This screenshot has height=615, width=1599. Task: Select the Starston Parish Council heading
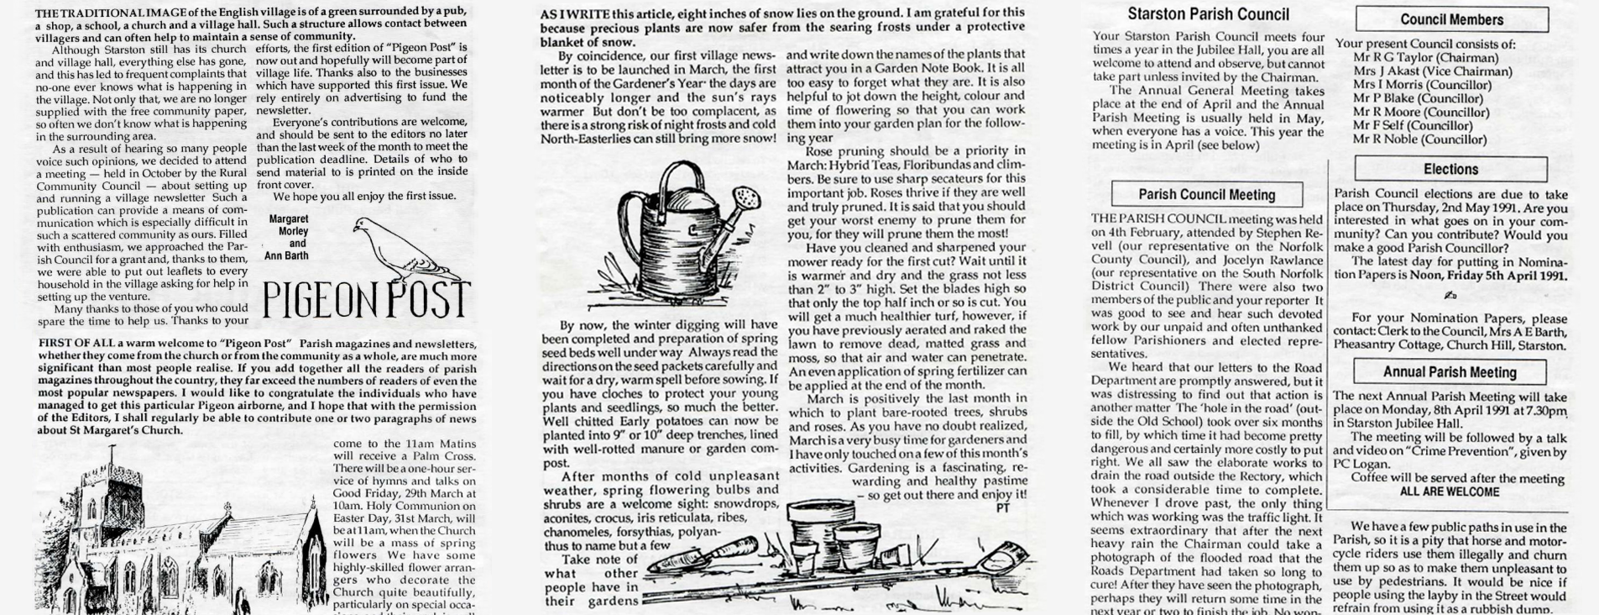coord(1208,14)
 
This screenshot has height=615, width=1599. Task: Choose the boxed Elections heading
coord(1450,170)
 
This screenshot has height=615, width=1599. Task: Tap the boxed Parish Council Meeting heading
coord(1206,195)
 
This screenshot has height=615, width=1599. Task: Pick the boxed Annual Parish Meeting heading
coord(1450,372)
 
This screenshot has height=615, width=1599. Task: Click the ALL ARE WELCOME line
coord(1449,492)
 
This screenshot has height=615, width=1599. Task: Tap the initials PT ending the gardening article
coord(1002,507)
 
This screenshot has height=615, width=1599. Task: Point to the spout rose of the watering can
coord(745,199)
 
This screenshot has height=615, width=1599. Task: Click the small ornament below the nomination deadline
coord(1450,296)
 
